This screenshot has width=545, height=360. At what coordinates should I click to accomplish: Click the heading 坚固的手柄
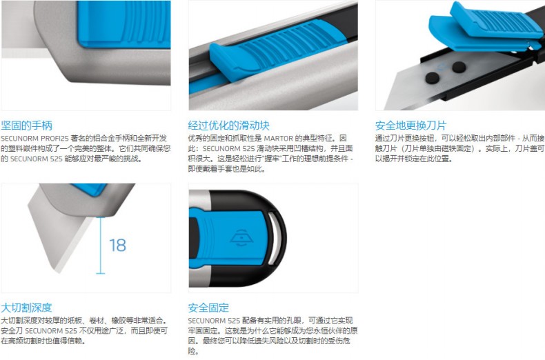26,125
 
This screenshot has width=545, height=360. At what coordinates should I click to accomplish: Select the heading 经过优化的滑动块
229,125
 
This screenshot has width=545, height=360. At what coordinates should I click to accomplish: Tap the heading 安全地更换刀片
410,125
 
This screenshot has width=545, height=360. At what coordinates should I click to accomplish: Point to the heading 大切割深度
26,308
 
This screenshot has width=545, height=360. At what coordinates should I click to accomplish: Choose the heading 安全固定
208,308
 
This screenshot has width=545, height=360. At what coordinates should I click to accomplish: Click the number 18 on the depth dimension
117,246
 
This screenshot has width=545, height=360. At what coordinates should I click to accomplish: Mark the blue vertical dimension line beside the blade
101,246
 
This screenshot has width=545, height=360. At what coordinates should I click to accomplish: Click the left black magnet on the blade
433,78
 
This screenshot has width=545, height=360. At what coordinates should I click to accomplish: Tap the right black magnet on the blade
459,67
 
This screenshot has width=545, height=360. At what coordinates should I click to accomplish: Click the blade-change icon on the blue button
241,239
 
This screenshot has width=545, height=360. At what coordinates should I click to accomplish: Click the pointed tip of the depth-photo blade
57,270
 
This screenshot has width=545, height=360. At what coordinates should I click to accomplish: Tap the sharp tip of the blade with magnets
385,108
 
